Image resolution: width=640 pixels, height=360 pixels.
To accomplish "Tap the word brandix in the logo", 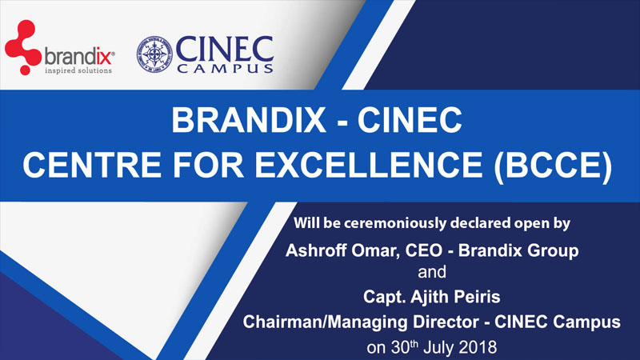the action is [x=78, y=57].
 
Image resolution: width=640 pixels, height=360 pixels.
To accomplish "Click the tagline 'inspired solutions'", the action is [x=78, y=70].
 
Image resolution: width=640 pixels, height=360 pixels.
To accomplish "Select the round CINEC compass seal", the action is [x=154, y=54].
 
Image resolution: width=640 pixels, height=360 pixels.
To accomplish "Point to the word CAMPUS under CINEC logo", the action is [x=226, y=68].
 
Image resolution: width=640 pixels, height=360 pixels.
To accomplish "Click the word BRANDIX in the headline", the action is [x=249, y=120].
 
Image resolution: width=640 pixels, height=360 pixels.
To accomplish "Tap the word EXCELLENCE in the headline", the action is [x=369, y=165].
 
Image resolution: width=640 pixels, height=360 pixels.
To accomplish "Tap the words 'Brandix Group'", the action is [x=518, y=250].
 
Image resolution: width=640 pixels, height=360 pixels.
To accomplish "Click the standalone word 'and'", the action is [x=432, y=272].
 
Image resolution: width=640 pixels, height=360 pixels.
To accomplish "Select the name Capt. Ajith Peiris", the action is [x=432, y=297].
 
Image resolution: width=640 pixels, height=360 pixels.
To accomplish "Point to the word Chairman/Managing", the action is [x=326, y=322].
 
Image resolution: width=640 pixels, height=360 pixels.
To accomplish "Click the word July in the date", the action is [x=439, y=348].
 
